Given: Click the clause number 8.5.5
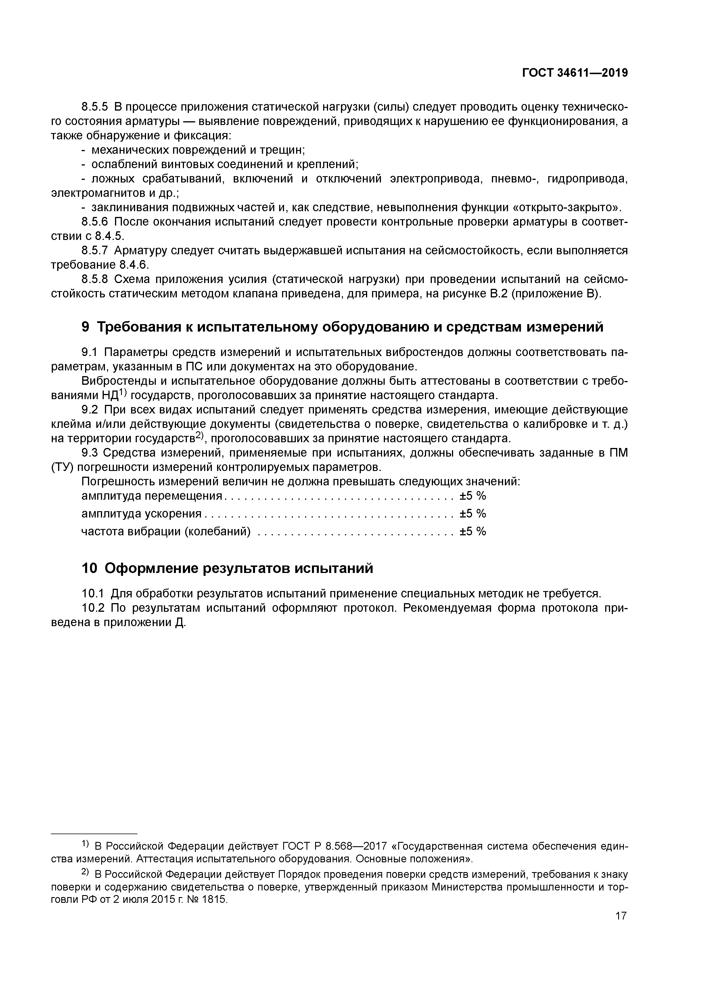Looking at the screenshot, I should [95, 107].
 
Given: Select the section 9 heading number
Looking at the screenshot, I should [86, 327].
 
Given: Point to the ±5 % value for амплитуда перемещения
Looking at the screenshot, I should [473, 496].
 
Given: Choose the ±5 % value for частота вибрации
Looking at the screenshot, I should [473, 531].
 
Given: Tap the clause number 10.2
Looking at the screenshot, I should [93, 608].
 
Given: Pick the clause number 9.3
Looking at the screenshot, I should [91, 453].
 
